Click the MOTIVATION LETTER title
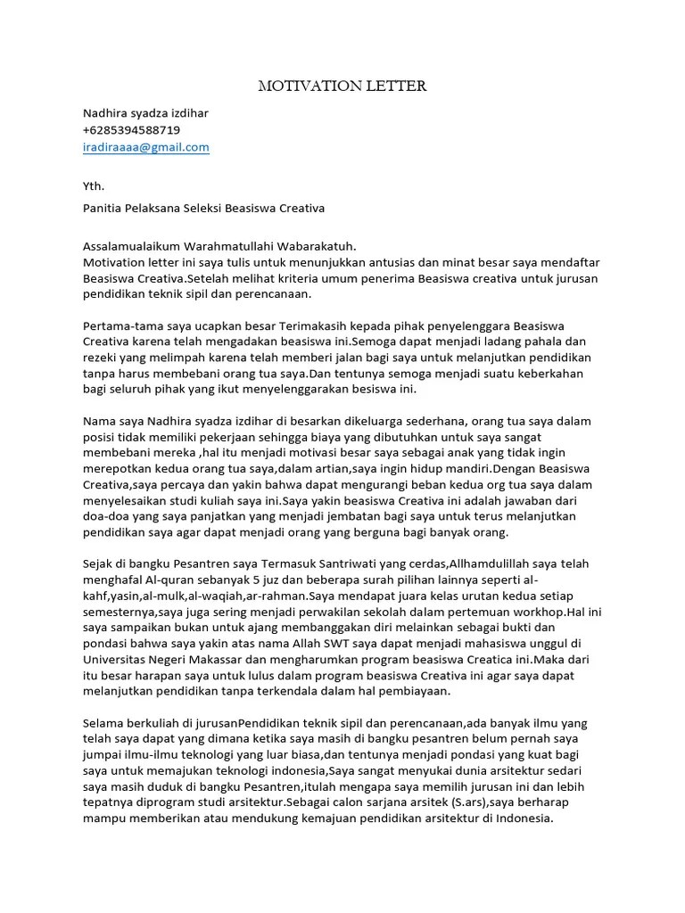342,86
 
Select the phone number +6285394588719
131,130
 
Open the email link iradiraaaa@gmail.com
145,147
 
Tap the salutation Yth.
93,186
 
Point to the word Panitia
103,209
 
